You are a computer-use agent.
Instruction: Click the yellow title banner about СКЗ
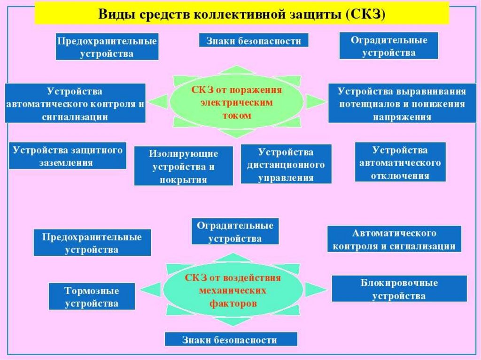(x=242, y=13)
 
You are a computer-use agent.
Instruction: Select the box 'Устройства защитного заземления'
(x=68, y=155)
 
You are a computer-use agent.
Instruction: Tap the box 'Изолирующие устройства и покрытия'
(x=184, y=166)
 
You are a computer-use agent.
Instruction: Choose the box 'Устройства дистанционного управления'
(x=286, y=164)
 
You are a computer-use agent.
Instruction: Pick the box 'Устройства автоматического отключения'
(x=400, y=162)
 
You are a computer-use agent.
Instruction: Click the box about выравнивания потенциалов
(x=402, y=103)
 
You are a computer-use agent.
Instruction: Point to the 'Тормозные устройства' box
(x=92, y=296)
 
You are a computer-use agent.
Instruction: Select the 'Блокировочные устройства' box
(x=399, y=289)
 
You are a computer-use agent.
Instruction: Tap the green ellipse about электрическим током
(x=237, y=102)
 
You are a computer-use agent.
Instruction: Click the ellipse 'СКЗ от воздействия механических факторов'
(x=233, y=290)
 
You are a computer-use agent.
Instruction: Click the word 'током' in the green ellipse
(x=237, y=115)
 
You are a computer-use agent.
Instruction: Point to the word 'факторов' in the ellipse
(x=233, y=304)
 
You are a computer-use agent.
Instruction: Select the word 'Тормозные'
(x=92, y=291)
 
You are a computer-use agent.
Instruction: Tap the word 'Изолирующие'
(x=184, y=153)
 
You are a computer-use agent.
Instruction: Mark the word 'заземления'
(x=66, y=162)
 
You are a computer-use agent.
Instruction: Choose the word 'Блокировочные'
(x=399, y=283)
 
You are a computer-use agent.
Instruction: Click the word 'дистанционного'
(x=286, y=165)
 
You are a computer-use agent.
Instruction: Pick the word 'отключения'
(x=400, y=176)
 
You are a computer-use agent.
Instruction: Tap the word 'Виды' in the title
(x=110, y=14)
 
